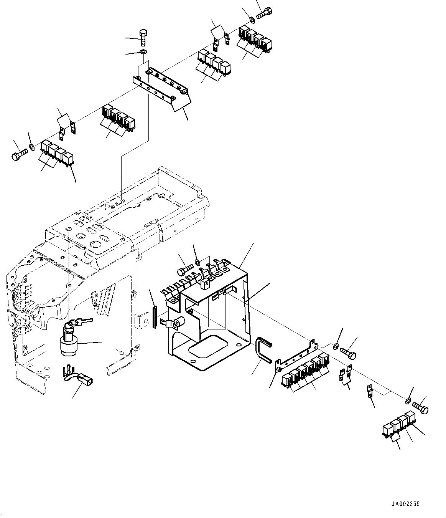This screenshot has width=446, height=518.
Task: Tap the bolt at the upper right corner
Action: (264, 13)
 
